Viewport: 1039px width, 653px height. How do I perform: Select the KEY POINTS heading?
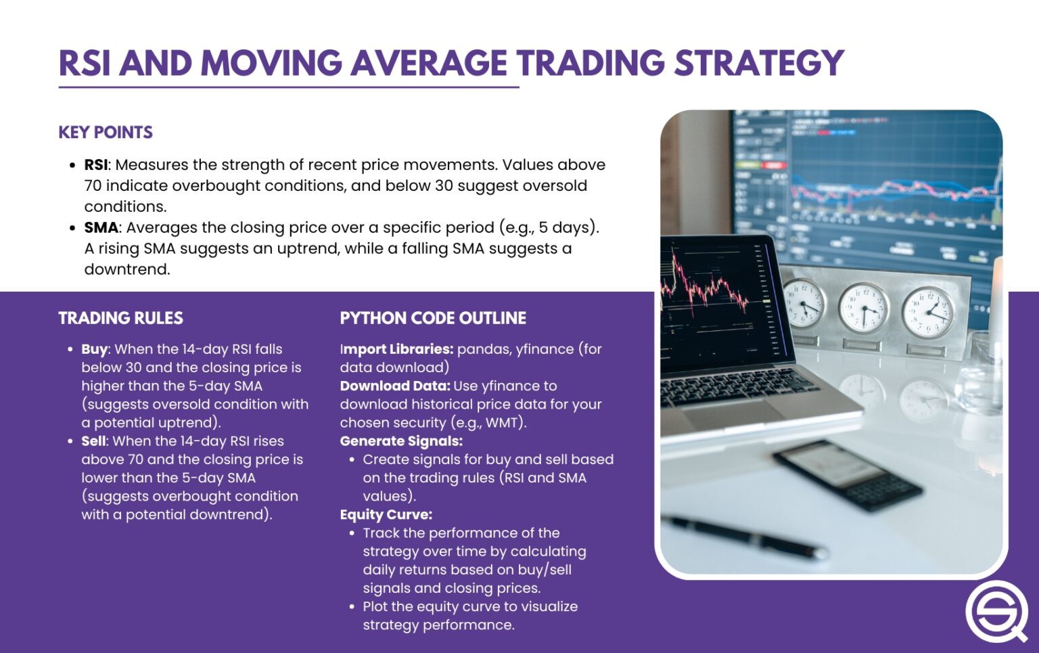106,132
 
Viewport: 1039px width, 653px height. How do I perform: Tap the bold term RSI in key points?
95,165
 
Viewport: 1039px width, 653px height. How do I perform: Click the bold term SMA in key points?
101,228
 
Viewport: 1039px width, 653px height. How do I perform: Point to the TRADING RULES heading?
120,318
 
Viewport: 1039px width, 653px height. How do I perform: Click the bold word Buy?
94,349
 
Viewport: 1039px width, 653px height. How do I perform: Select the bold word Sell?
93,441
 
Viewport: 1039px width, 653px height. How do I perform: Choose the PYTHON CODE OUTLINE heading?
433,318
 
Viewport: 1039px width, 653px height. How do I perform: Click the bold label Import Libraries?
396,349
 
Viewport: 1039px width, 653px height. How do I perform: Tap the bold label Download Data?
394,386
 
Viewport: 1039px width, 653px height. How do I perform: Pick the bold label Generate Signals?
401,441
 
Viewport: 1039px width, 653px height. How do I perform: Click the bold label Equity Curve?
386,514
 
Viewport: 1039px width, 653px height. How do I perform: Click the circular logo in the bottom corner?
996,610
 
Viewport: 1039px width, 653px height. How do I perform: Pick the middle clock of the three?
863,309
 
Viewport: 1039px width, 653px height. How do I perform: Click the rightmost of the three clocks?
928,312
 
